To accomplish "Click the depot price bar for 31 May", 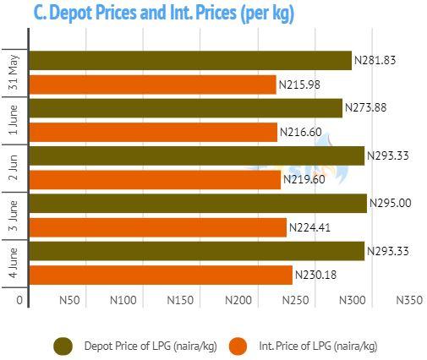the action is pyautogui.click(x=190, y=60).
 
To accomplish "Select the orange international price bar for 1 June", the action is pyautogui.click(x=153, y=133).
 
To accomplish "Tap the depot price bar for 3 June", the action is pyautogui.click(x=198, y=204).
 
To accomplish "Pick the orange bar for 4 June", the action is pyautogui.click(x=161, y=275).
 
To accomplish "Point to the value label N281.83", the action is pyautogui.click(x=375, y=60).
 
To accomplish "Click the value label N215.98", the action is pyautogui.click(x=299, y=85).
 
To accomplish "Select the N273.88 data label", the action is pyautogui.click(x=365, y=107).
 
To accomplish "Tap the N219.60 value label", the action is pyautogui.click(x=304, y=179).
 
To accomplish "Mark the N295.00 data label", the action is pyautogui.click(x=390, y=203).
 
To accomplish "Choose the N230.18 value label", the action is pyautogui.click(x=315, y=275).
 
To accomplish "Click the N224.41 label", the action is pyautogui.click(x=309, y=227).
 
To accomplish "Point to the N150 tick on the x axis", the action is pyautogui.click(x=180, y=300).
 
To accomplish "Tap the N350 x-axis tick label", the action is pyautogui.click(x=409, y=300).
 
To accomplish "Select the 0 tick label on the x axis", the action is pyautogui.click(x=19, y=300).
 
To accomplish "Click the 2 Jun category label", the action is pyautogui.click(x=14, y=167).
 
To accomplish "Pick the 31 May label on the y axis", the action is pyautogui.click(x=14, y=73).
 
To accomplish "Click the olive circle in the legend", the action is pyautogui.click(x=63, y=346).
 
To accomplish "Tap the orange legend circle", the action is pyautogui.click(x=238, y=346).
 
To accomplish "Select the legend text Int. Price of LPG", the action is pyautogui.click(x=295, y=346).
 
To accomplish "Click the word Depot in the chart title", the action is pyautogui.click(x=71, y=13).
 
